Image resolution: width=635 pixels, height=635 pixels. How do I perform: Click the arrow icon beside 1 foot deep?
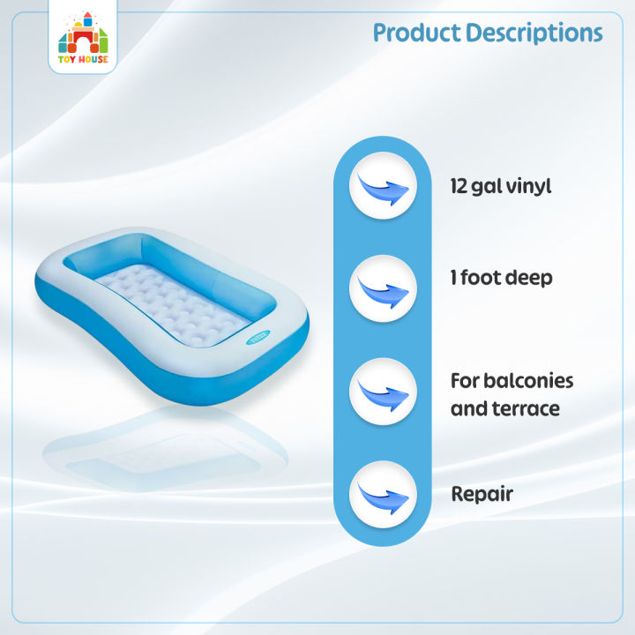click(x=383, y=288)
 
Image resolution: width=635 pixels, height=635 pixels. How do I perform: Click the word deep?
click(x=528, y=279)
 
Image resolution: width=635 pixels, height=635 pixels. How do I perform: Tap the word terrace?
click(x=526, y=409)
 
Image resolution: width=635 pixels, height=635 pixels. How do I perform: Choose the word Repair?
click(x=482, y=494)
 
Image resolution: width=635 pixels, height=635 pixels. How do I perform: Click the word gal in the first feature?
click(x=489, y=188)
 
